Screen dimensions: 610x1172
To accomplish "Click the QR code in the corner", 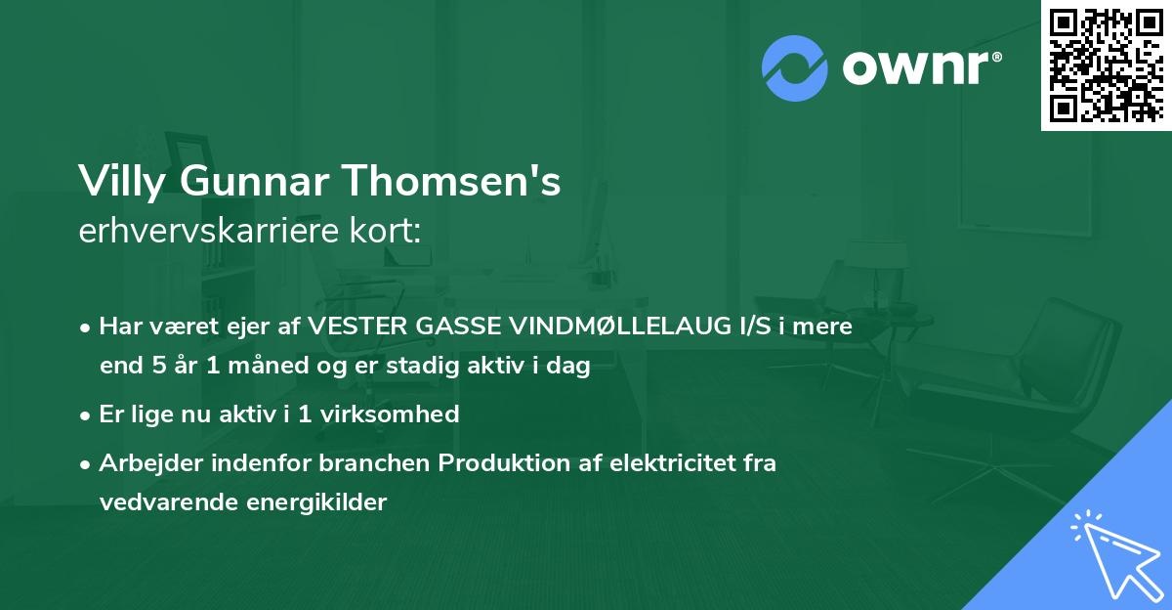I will click(x=1106, y=65).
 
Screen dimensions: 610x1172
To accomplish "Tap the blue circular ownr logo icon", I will click(x=795, y=67).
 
